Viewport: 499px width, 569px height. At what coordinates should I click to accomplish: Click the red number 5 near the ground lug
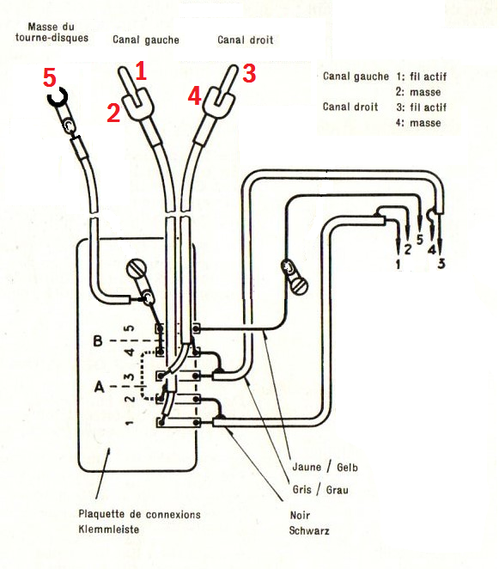50,77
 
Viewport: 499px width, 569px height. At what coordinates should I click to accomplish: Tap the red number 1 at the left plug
141,70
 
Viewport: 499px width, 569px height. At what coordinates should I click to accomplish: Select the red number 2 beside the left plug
113,112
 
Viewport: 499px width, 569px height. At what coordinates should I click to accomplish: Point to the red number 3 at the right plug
249,74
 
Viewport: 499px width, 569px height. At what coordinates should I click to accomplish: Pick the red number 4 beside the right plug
195,96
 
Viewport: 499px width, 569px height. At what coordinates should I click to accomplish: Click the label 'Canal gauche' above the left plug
146,40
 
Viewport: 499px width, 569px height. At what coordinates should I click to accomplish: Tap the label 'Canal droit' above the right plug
245,40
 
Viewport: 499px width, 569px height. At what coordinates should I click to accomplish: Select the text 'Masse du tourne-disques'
52,33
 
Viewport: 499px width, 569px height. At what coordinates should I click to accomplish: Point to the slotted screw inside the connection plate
137,269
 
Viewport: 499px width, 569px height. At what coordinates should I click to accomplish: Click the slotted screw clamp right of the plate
299,286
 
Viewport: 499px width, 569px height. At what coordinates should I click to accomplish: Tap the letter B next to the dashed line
98,341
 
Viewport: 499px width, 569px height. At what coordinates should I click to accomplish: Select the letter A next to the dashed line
99,387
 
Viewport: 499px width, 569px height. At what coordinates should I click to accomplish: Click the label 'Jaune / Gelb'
325,467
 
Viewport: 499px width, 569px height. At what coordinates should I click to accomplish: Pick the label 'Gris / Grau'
320,490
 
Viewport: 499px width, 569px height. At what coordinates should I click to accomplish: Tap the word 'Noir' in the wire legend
300,515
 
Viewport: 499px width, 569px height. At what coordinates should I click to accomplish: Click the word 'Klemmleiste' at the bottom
109,529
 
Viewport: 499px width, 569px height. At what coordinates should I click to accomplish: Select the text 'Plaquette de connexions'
140,514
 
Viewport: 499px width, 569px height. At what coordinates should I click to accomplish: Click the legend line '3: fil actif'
421,107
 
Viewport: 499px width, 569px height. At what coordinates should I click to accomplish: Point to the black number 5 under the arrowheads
420,240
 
